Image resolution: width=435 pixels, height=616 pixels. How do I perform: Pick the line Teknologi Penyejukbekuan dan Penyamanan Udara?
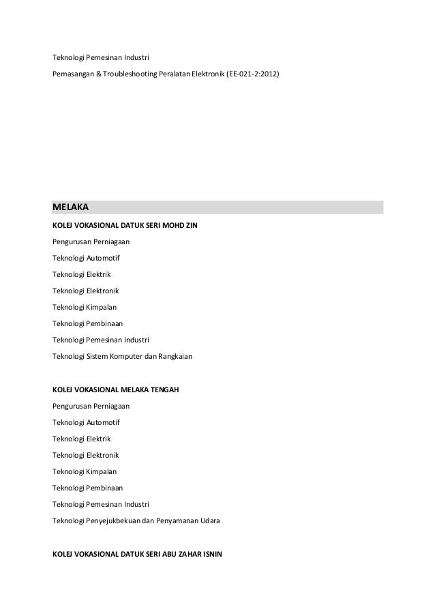136,520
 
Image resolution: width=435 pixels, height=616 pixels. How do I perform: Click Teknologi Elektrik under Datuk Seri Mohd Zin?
81,274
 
